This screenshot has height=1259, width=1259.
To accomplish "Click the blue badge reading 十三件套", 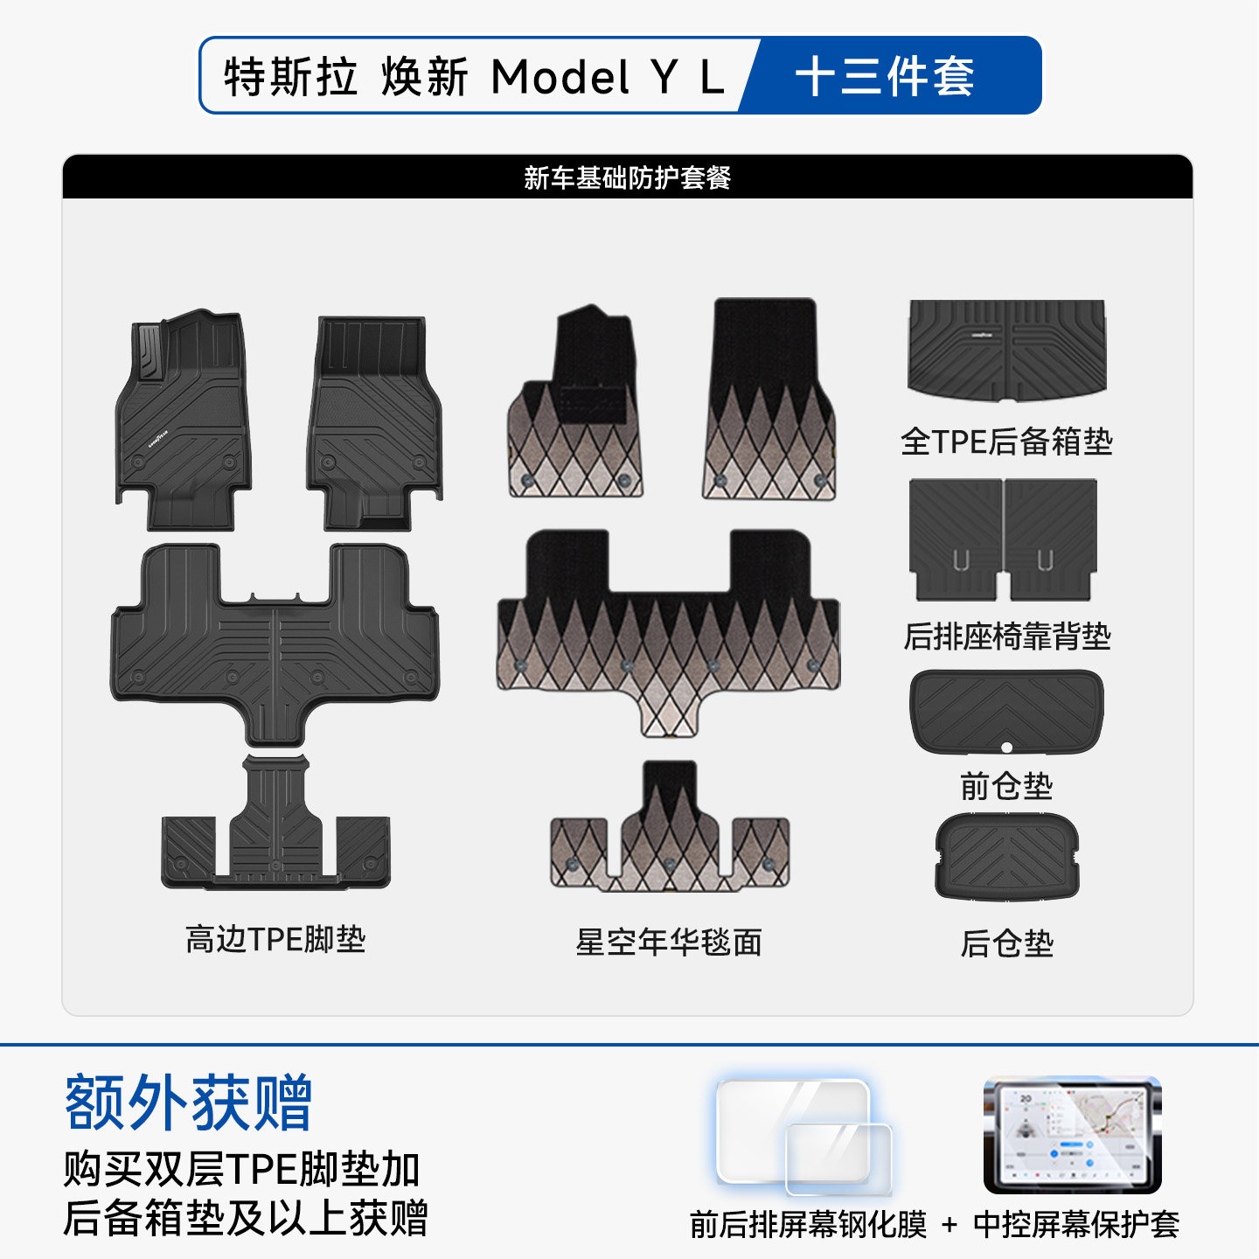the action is click(885, 76).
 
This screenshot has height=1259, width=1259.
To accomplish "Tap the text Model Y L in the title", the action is click(607, 77).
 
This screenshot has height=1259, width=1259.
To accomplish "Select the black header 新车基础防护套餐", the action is click(627, 177).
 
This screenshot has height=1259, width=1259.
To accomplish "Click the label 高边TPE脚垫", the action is click(275, 939).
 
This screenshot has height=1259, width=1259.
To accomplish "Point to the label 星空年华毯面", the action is click(669, 942).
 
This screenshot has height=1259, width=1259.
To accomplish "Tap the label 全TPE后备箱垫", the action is click(1006, 442).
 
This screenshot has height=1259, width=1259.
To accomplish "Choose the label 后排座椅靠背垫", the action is click(1006, 636).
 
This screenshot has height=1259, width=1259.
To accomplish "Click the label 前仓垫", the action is click(1006, 786).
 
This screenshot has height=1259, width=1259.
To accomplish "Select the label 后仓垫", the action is click(1006, 943).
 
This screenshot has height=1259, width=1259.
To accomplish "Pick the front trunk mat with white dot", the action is click(1006, 710).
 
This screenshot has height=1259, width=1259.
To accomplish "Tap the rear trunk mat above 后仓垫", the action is click(1006, 857).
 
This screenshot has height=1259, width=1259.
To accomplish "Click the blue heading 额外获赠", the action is click(188, 1102).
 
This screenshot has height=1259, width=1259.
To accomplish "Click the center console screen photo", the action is click(1073, 1135).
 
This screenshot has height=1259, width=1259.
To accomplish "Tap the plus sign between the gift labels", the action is click(949, 1225).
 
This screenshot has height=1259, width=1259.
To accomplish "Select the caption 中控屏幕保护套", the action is click(1076, 1225).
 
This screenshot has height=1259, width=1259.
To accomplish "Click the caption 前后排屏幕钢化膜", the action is click(808, 1225).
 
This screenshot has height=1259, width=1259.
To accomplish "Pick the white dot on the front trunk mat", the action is click(1006, 747).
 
